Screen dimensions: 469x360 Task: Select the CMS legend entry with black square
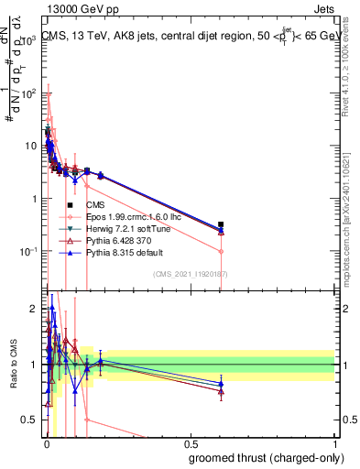[x=95, y=204]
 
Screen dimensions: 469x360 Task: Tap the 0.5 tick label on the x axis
[x=190, y=442]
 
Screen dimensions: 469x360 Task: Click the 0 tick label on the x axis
[x=46, y=442]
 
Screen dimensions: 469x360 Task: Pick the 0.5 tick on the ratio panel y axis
[x=31, y=420]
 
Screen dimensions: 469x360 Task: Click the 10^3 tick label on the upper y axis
[x=29, y=40]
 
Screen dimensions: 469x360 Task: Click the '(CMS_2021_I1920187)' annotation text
[x=190, y=274]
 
